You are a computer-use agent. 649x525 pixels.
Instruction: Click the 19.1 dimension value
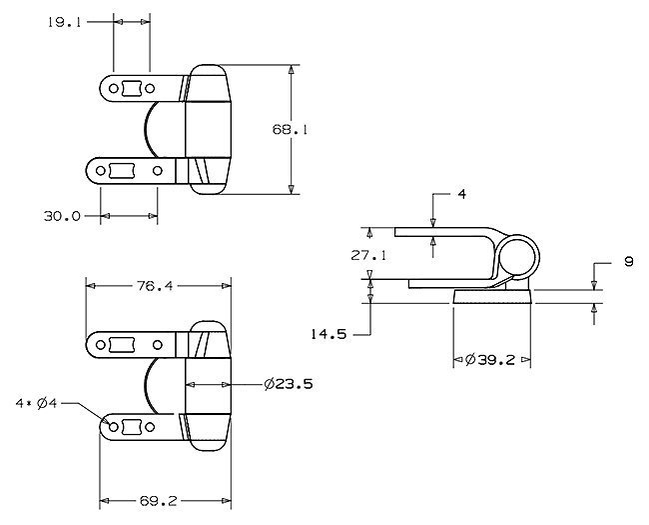point(64,22)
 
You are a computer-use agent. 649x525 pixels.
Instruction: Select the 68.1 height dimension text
point(290,129)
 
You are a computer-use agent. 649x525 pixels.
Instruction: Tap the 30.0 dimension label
point(62,216)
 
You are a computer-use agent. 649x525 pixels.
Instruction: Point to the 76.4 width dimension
point(155,286)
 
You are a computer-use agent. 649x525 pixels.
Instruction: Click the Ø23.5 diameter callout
point(289,384)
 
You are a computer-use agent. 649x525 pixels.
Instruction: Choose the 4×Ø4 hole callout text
point(36,403)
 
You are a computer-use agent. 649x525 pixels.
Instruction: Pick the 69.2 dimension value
point(158,501)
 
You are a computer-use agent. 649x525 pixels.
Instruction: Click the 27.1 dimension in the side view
point(368,255)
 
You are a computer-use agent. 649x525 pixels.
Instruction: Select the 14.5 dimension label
point(328,334)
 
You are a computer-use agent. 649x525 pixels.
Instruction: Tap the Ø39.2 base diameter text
point(490,360)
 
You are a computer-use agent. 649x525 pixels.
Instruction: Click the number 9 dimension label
point(629,262)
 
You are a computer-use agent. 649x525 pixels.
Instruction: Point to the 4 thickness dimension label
point(462,194)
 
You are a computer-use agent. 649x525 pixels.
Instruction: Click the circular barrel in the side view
point(518,256)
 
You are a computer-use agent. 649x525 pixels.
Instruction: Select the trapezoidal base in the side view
point(492,297)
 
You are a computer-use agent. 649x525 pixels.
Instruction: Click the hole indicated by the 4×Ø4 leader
point(113,427)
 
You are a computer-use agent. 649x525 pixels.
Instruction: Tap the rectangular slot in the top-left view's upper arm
point(132,88)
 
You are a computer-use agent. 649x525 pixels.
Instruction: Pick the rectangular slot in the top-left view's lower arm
point(122,170)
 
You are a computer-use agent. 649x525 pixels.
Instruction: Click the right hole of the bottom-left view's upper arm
point(158,345)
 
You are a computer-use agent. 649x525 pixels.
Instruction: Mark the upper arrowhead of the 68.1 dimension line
point(292,69)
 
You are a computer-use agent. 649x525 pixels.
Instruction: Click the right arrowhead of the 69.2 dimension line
point(227,501)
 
